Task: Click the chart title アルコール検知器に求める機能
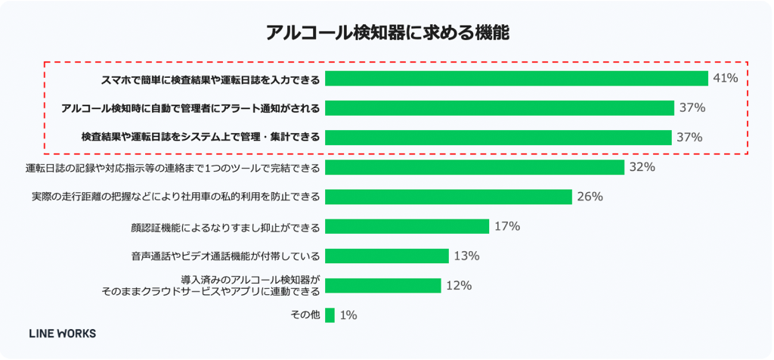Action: tap(386, 33)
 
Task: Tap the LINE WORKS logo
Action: tap(62, 333)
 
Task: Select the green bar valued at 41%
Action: tap(516, 79)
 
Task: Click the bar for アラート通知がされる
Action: tap(499, 108)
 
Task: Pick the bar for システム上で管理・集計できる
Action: tap(498, 138)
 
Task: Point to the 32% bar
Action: tap(475, 167)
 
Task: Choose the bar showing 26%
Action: tap(448, 197)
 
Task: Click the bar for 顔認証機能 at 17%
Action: tap(407, 226)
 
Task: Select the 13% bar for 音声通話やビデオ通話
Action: tap(387, 256)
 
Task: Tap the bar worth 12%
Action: tap(382, 285)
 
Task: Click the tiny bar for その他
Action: tap(330, 315)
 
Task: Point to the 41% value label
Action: tap(725, 79)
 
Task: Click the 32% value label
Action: tap(641, 167)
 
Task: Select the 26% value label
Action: tap(590, 197)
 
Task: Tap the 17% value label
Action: tap(507, 226)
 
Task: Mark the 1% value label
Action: tap(348, 315)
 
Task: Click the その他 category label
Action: tap(305, 315)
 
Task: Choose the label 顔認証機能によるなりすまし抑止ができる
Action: tap(225, 227)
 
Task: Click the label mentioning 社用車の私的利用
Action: tap(175, 197)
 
